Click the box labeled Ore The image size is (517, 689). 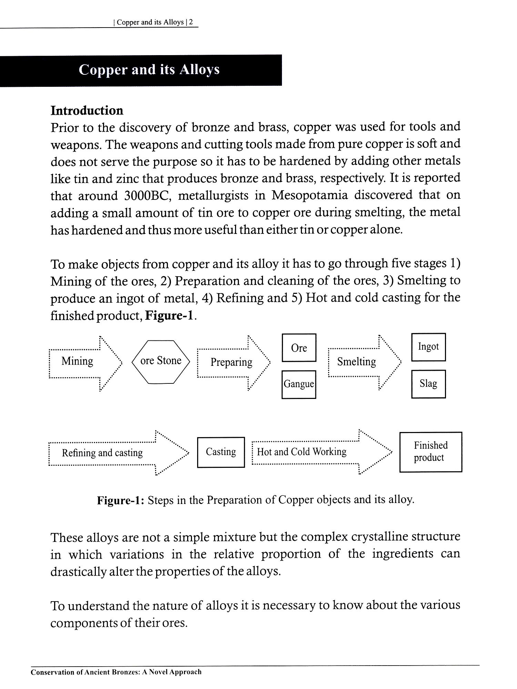[299, 348]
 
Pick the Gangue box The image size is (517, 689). [299, 384]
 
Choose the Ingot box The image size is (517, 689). [428, 347]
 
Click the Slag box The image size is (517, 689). [428, 384]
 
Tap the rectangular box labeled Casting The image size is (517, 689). [221, 452]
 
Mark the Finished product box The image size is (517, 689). [430, 452]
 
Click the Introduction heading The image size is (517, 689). [87, 111]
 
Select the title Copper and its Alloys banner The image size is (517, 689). [149, 70]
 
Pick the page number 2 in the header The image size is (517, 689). [191, 22]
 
